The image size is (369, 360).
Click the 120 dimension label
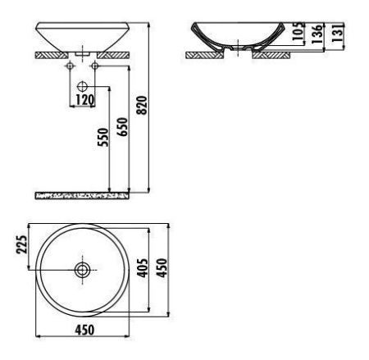tap(83, 100)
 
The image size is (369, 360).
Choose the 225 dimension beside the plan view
tap(22, 244)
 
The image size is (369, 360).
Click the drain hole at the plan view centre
tap(82, 268)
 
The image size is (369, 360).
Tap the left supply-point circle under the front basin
tap(68, 65)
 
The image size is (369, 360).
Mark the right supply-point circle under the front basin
tap(96, 65)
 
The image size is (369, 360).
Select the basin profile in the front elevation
tap(82, 37)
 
